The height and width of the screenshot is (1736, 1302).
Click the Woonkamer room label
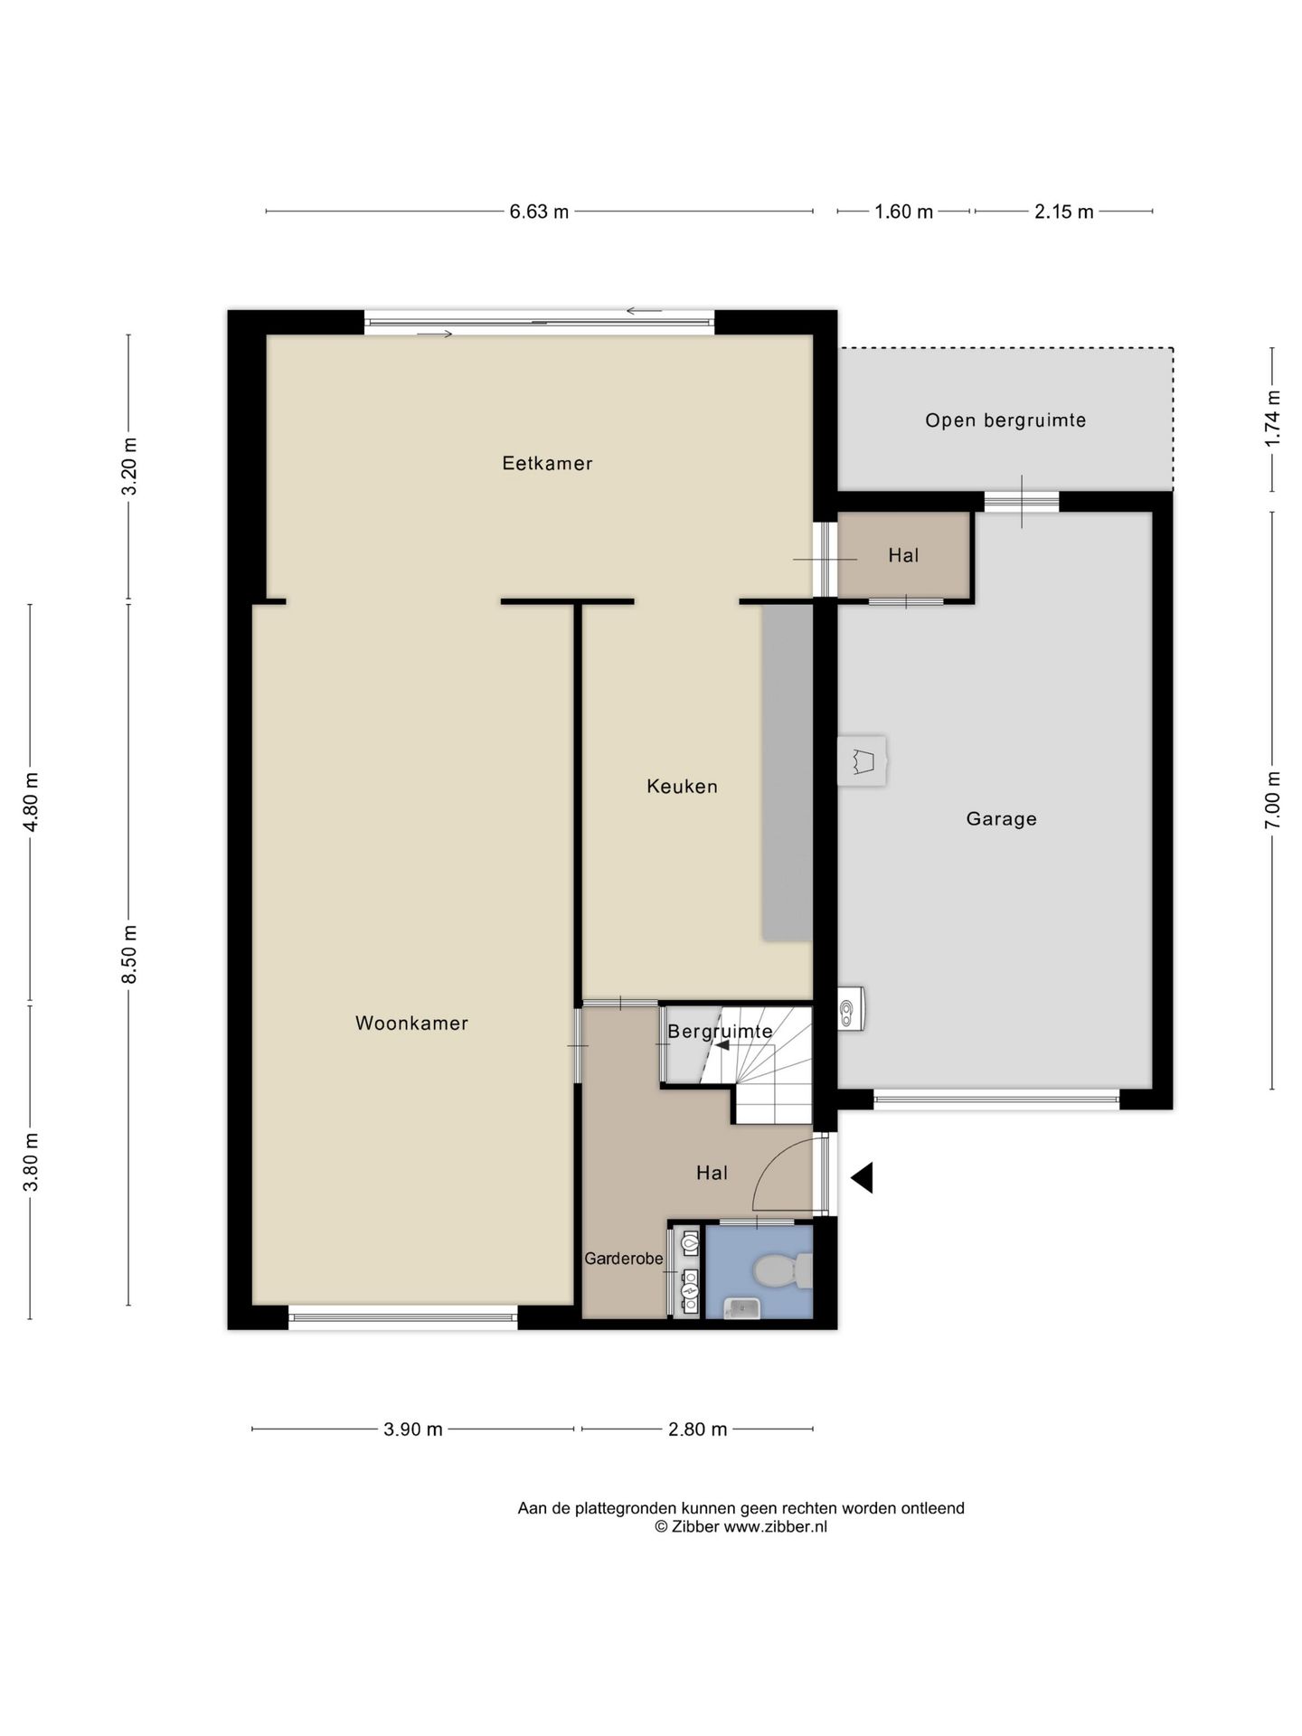(x=411, y=1024)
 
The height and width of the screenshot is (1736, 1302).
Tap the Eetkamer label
(x=547, y=464)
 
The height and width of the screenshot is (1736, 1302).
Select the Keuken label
(x=682, y=787)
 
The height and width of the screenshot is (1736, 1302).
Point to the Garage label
(x=1001, y=819)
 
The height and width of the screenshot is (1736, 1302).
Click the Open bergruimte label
(x=1005, y=420)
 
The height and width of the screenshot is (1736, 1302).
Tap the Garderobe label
(x=624, y=1259)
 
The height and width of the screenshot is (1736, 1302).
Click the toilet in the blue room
(x=783, y=1270)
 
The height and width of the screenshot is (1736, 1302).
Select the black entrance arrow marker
(x=862, y=1178)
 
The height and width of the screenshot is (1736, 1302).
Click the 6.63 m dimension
(x=539, y=212)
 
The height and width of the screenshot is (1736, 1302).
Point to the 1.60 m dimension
(x=903, y=212)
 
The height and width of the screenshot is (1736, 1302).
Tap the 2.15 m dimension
(x=1063, y=212)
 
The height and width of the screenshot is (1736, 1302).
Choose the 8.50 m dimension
(x=129, y=955)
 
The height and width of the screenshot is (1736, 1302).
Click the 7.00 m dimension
(x=1273, y=799)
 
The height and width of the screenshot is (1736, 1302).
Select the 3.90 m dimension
(x=413, y=1429)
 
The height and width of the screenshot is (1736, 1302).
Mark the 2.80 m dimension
(x=697, y=1429)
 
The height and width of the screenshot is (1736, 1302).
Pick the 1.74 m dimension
(x=1273, y=418)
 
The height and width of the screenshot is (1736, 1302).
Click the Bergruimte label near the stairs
(x=720, y=1031)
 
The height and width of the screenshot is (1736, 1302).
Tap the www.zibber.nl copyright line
(x=741, y=1527)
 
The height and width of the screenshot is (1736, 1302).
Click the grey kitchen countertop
(x=787, y=773)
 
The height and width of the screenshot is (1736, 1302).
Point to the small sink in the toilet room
(x=741, y=1307)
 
